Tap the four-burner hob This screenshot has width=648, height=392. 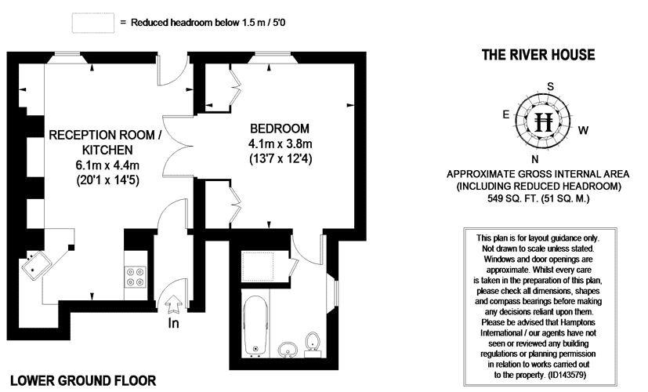pos(136,277)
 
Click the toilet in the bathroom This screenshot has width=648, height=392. pos(313,341)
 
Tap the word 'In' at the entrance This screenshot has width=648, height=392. pos(174,323)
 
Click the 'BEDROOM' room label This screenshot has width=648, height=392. pos(280,129)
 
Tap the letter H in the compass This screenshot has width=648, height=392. pos(544,122)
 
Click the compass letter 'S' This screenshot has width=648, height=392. pos(551,86)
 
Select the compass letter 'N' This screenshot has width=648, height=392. pos(534,158)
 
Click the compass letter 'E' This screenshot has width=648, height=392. pos(507,114)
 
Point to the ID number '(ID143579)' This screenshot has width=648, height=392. pos(570,375)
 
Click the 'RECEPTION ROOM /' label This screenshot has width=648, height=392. pos(105,135)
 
